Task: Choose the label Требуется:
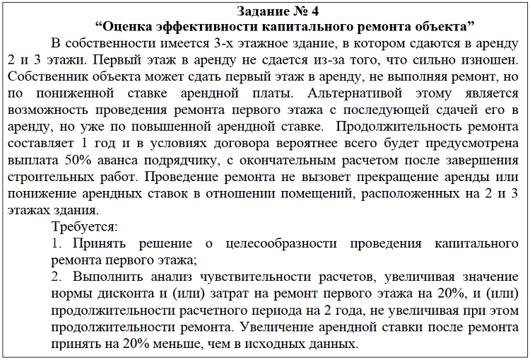[x=85, y=228]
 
